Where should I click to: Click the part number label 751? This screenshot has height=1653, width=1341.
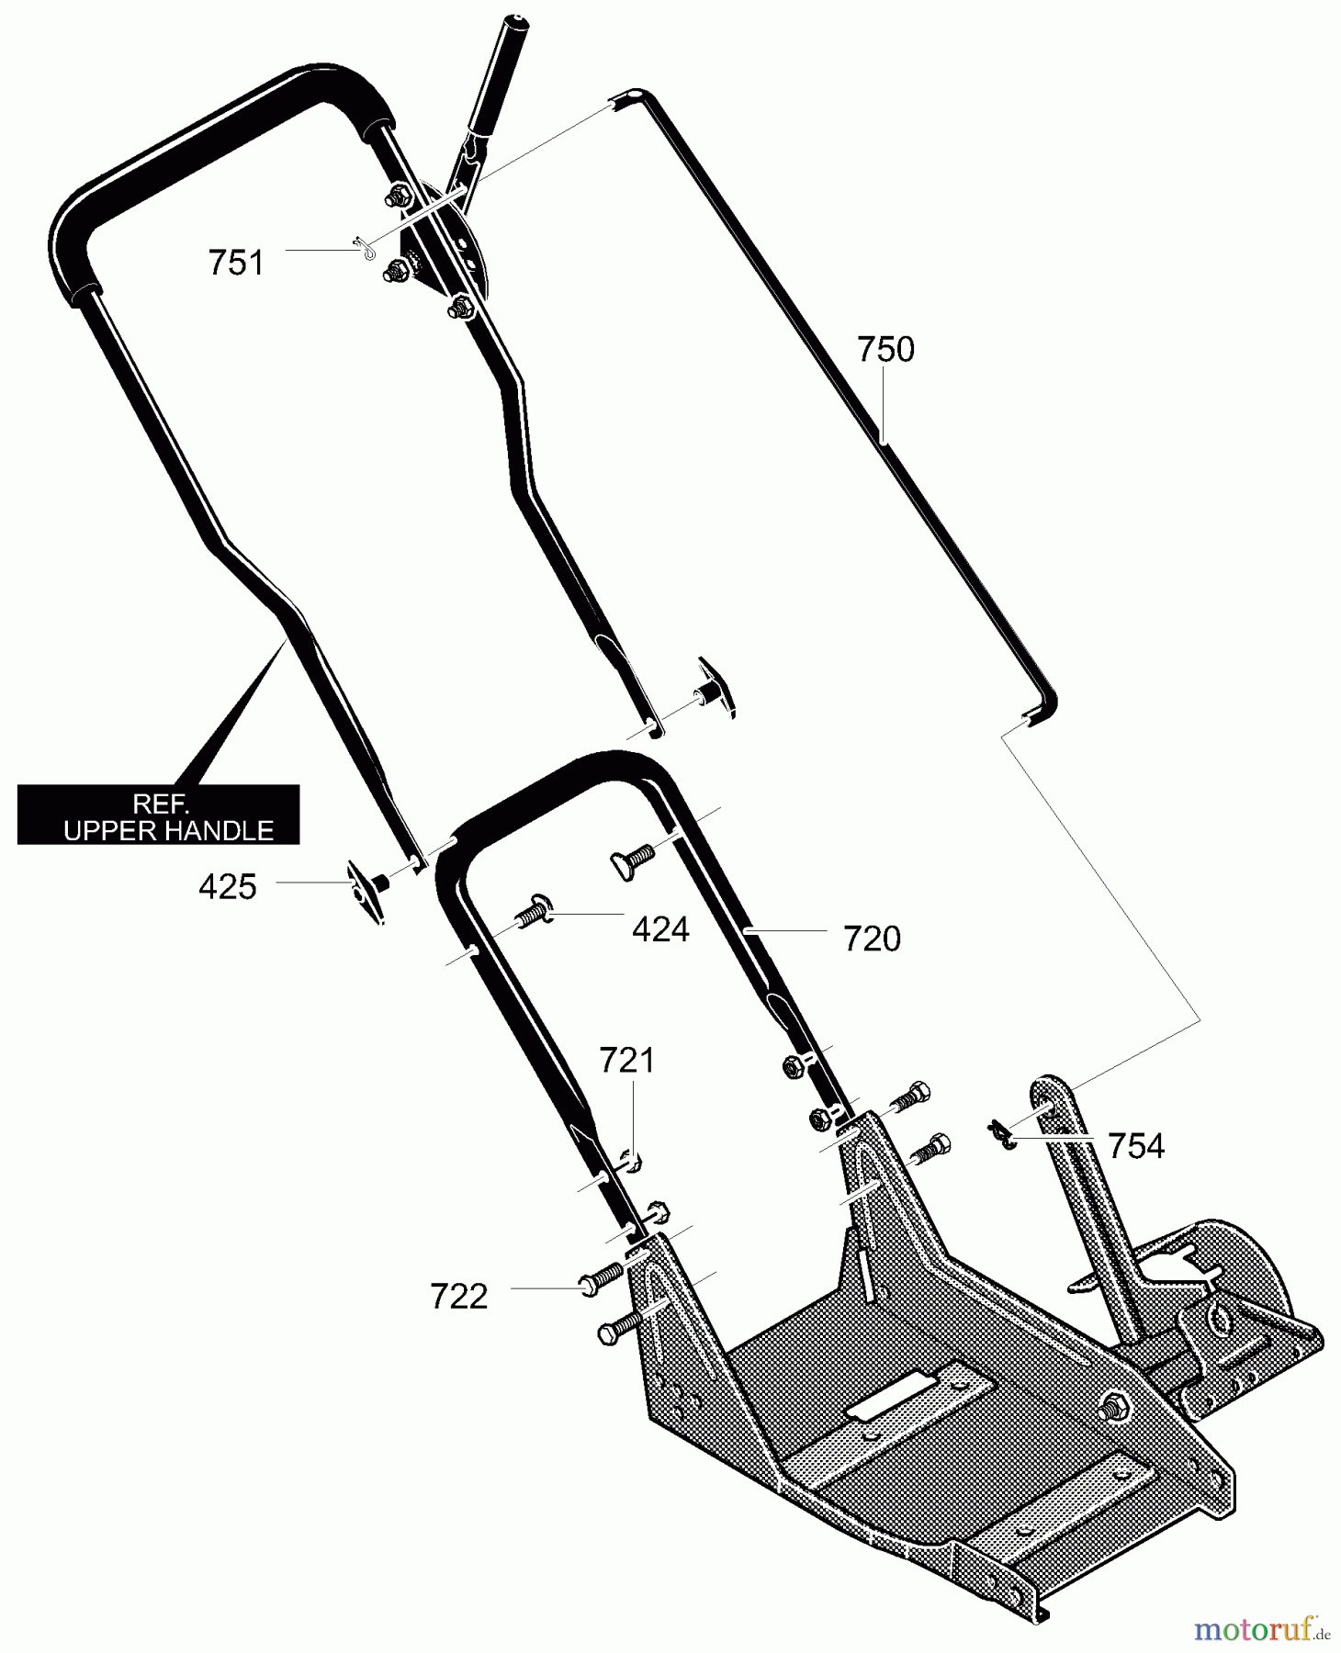[x=236, y=263]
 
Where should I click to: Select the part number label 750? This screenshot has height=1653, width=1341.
[x=885, y=350]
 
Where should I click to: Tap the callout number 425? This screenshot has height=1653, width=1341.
[x=228, y=887]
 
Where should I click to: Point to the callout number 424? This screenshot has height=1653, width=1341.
[x=660, y=930]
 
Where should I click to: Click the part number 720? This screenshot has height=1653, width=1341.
[x=872, y=939]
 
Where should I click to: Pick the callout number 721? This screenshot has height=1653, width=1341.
[x=626, y=1061]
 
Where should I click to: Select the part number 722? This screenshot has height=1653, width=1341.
[x=458, y=1298]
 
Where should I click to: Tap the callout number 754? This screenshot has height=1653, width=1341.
[x=1136, y=1146]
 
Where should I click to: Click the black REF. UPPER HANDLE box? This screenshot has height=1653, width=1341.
[x=159, y=815]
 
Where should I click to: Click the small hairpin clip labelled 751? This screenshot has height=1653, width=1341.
[x=365, y=248]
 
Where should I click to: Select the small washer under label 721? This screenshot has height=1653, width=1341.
[x=633, y=1162]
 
